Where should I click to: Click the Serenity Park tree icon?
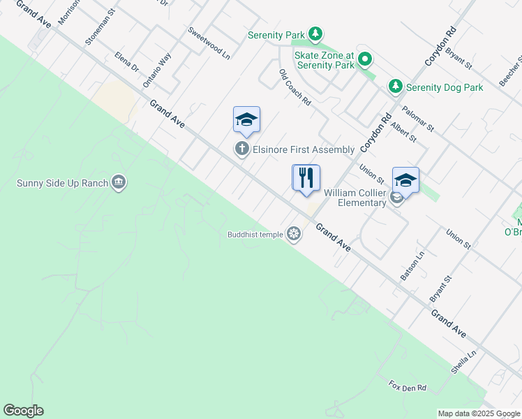pos(316,34)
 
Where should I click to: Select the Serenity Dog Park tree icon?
pos(396,87)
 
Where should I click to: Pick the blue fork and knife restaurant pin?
pos(306,179)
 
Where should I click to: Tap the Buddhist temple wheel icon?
pos(294,234)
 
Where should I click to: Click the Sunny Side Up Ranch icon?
pos(119,183)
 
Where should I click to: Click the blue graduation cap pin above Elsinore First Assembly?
pos(246,120)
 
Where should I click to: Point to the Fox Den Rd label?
pos(408,386)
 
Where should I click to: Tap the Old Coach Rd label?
pos(294,87)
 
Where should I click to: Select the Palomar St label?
pos(418,119)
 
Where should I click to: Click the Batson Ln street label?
pos(412,267)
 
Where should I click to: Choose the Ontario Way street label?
pos(156,70)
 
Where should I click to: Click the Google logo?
pos(23,411)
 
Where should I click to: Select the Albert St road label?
pos(403,132)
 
